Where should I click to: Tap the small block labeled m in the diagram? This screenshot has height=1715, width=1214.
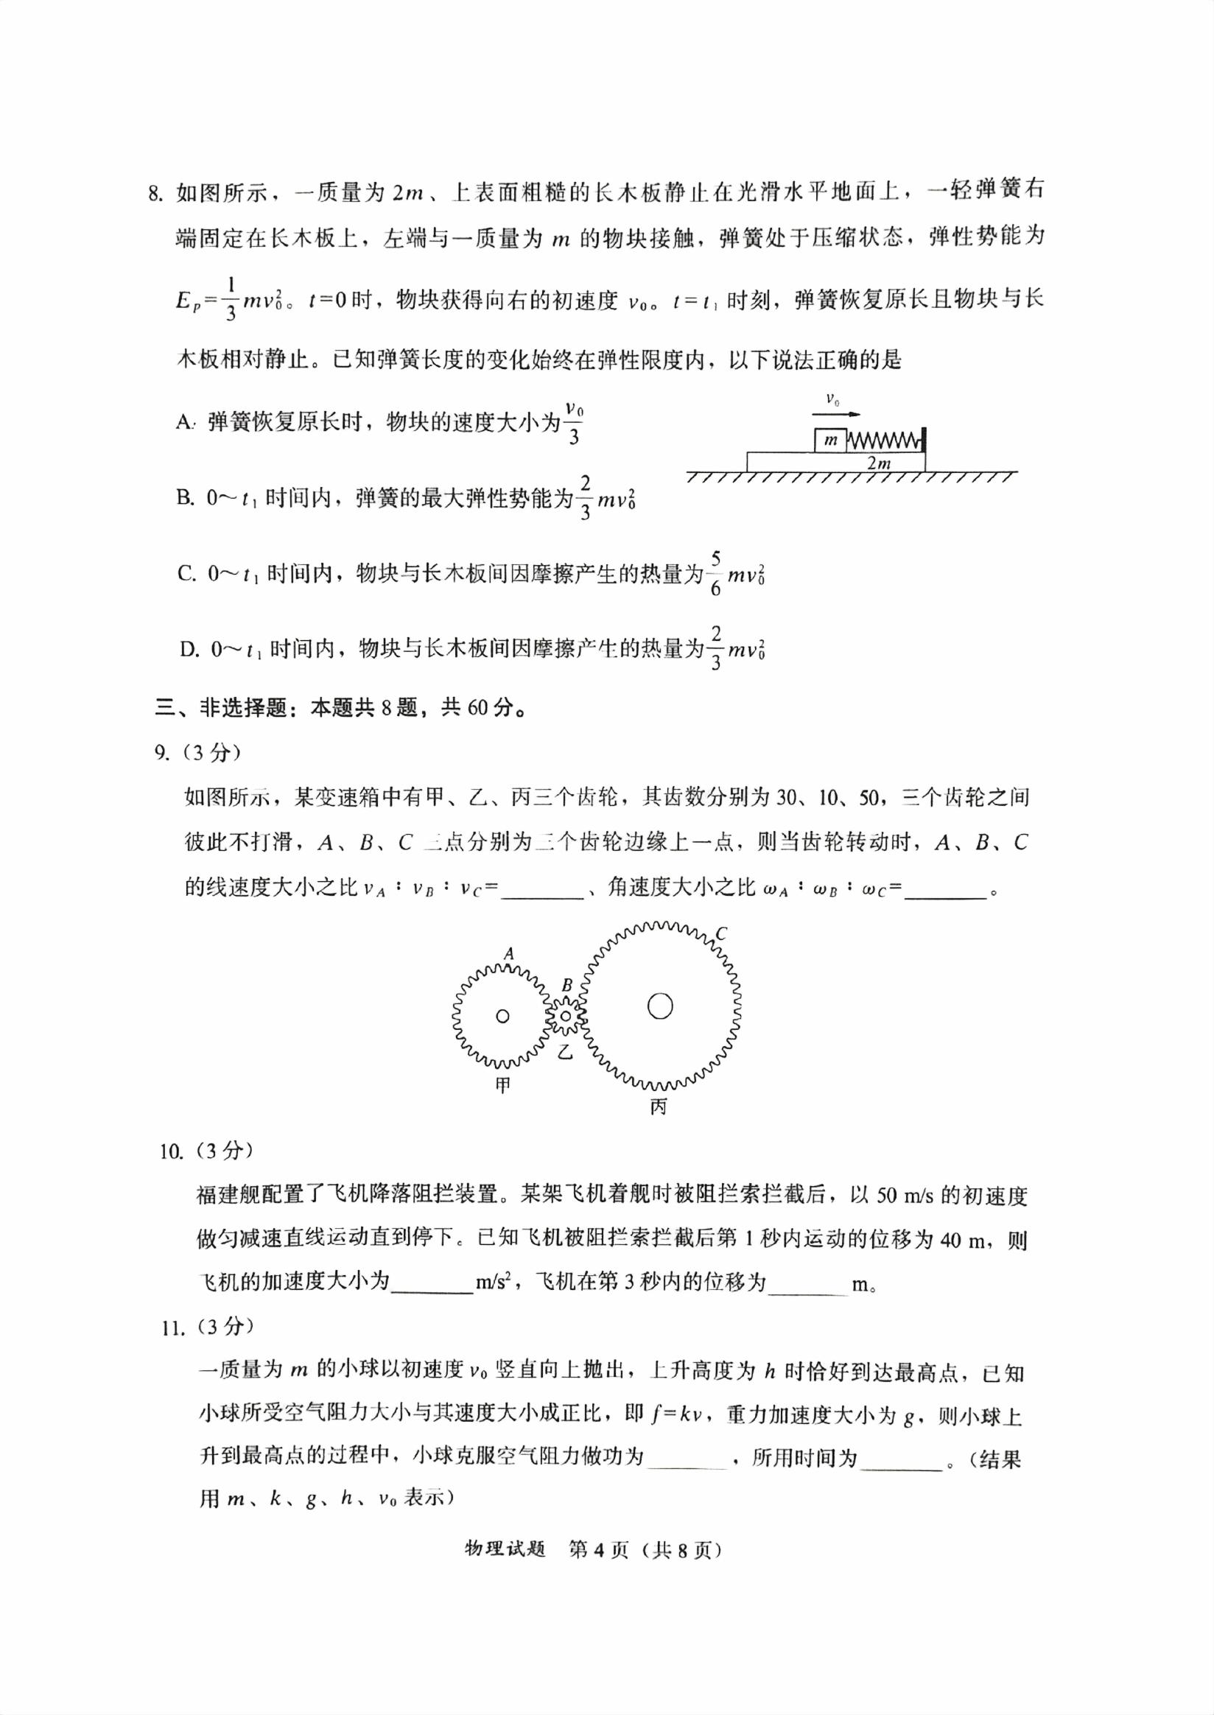coord(829,441)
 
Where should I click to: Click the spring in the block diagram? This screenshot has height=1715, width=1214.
coord(883,441)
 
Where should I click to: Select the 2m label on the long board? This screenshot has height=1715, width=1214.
coord(878,463)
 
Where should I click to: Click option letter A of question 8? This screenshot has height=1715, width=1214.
coord(185,422)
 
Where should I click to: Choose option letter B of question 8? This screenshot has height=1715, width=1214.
coord(185,498)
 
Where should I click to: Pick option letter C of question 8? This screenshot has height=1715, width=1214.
coord(186,573)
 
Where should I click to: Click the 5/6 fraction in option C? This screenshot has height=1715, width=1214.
coord(715,573)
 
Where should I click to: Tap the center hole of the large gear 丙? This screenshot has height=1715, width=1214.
coord(660,1006)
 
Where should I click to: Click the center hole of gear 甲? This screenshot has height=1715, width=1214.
coord(502,1016)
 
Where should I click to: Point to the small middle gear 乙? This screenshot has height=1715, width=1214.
coord(566,1016)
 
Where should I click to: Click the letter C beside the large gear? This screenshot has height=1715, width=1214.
coord(720,934)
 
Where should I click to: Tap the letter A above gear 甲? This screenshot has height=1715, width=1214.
coord(509,953)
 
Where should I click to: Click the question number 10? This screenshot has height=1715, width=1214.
coord(170,1152)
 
